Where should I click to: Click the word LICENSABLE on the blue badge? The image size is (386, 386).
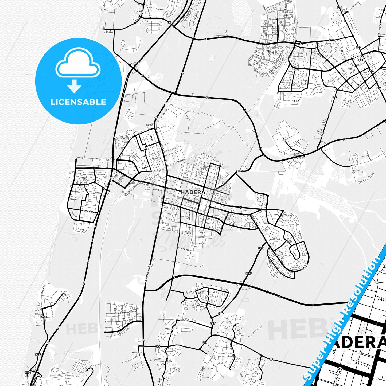[78, 102]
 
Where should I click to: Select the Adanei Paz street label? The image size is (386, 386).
[89, 212]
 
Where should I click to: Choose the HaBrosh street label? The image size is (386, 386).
[185, 249]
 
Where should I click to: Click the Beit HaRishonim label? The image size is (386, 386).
[125, 312]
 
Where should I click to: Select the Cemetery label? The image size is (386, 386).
[155, 359]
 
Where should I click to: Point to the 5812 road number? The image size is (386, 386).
[213, 323]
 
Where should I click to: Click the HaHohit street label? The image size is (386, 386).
[200, 306]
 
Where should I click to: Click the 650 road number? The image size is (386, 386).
[335, 97]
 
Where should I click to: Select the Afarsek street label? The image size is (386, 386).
[285, 83]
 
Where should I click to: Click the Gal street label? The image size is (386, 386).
[151, 30]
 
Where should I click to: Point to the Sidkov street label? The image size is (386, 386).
[145, 167]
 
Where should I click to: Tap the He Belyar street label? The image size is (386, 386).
[97, 193]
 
